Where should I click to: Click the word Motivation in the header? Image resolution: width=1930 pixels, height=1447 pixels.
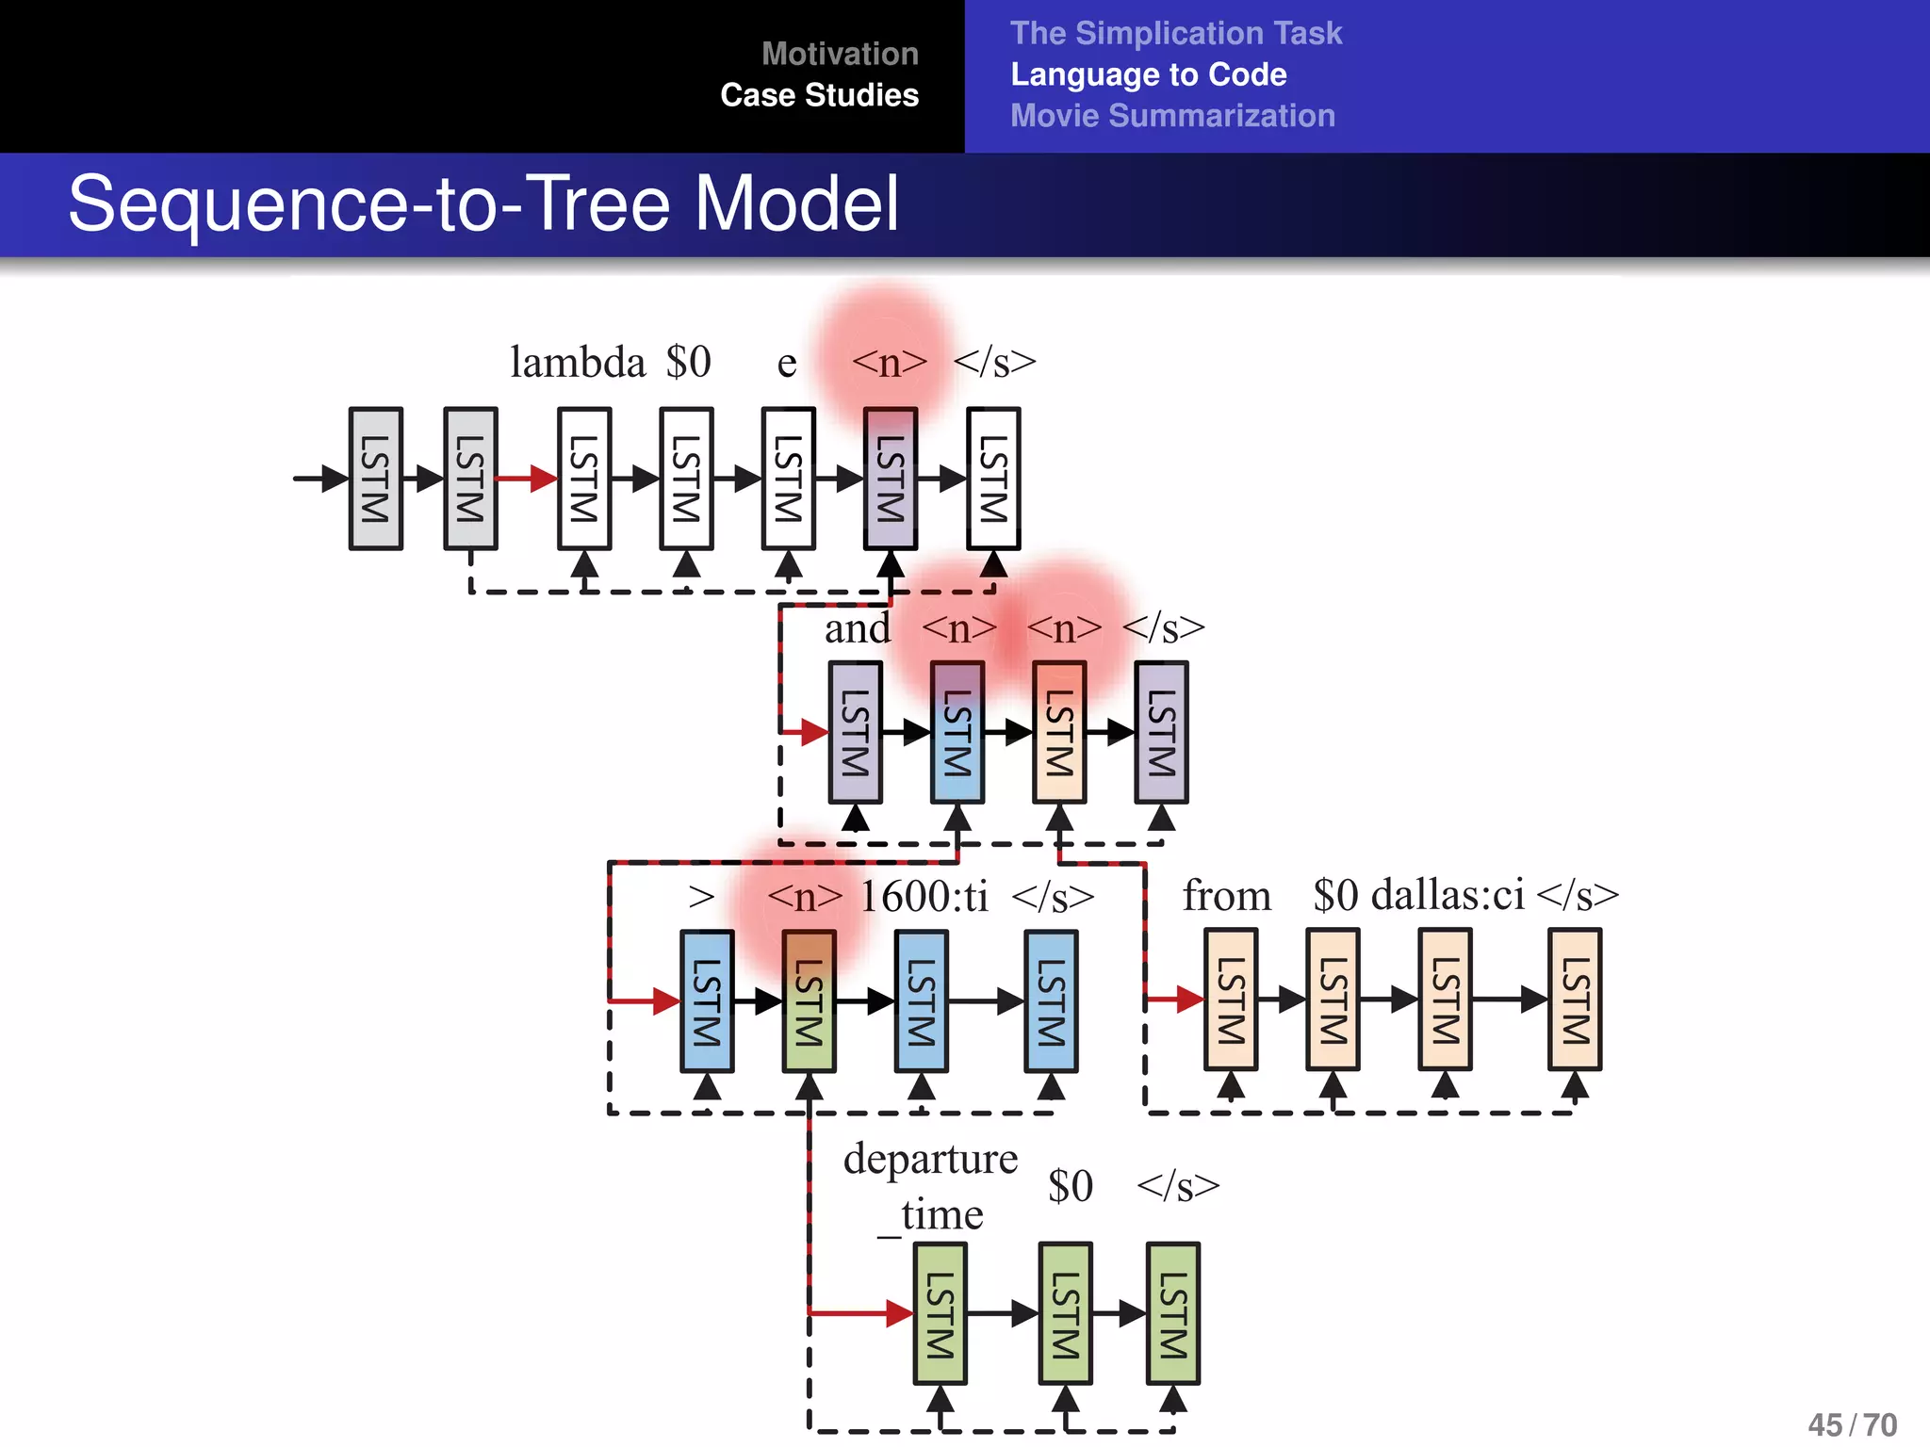click(840, 54)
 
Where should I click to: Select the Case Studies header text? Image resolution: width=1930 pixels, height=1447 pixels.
click(819, 95)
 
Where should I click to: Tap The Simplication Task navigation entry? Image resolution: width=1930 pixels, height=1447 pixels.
click(1175, 33)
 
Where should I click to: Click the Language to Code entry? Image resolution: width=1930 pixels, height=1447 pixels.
click(1148, 74)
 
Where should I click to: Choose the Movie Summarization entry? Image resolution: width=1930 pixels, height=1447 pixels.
click(1172, 116)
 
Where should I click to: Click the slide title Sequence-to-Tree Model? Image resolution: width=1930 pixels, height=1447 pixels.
click(483, 203)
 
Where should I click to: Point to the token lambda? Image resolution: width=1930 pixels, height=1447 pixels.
click(577, 362)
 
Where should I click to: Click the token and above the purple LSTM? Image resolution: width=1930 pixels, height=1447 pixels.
click(856, 628)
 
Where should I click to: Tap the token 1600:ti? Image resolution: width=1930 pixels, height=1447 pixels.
click(924, 896)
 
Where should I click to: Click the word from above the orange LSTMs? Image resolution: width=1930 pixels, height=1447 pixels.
click(1226, 895)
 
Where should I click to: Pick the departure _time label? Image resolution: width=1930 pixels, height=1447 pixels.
click(930, 1185)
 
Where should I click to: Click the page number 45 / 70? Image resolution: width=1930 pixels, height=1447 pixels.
click(1852, 1424)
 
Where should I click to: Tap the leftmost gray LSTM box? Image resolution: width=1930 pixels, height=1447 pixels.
click(375, 479)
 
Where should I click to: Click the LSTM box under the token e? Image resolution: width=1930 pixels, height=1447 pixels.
click(788, 479)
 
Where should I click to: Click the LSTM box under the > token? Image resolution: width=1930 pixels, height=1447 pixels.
click(707, 1001)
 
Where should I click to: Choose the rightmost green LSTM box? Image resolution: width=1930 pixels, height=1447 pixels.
click(1172, 1313)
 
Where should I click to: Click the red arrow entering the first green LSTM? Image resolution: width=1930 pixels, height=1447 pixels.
click(858, 1312)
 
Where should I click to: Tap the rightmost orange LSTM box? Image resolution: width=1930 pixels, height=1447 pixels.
click(1574, 1000)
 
